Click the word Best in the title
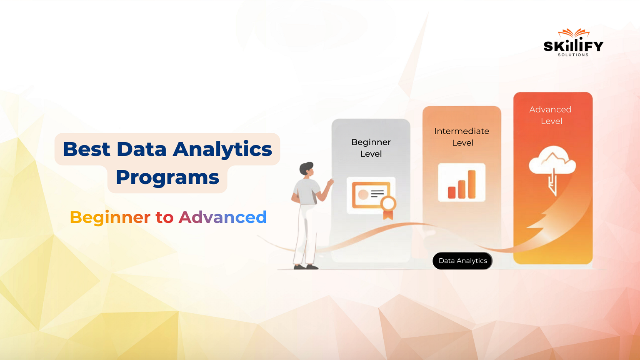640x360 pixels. click(x=86, y=149)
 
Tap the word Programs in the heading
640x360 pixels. click(x=167, y=177)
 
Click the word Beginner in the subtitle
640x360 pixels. click(x=110, y=217)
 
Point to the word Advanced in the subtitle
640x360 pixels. click(x=222, y=217)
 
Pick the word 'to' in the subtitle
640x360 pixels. click(x=164, y=217)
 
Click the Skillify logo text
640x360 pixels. click(x=573, y=45)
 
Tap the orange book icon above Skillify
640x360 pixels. click(x=574, y=33)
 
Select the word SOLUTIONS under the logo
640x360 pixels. click(x=573, y=55)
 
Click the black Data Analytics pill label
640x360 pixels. click(x=462, y=261)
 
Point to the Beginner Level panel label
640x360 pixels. click(x=371, y=148)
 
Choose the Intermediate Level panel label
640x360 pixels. click(x=462, y=137)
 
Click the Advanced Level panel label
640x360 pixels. click(x=550, y=115)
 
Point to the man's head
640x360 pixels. click(x=307, y=168)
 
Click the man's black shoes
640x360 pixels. click(x=306, y=267)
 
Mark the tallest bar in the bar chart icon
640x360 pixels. click(x=472, y=184)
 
